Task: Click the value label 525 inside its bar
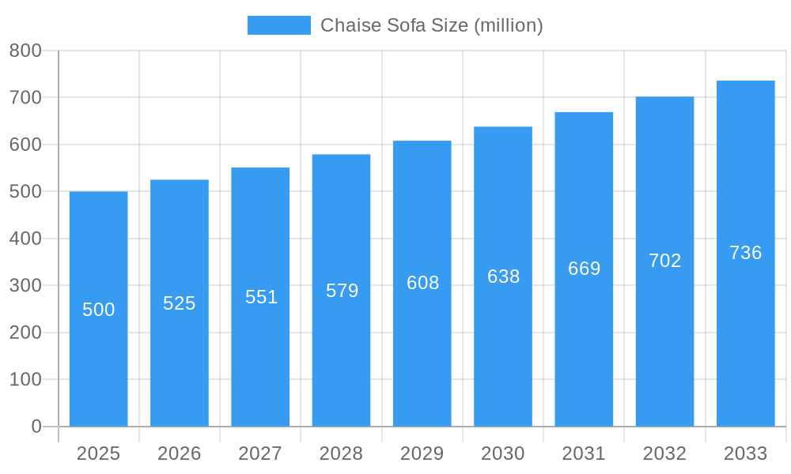pyautogui.click(x=179, y=303)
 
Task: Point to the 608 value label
pyautogui.click(x=422, y=283)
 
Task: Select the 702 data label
pyautogui.click(x=664, y=261)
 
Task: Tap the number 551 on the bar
pyautogui.click(x=261, y=297)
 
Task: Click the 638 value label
pyautogui.click(x=503, y=276)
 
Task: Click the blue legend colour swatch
pyautogui.click(x=278, y=25)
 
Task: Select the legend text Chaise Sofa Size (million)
pyautogui.click(x=431, y=25)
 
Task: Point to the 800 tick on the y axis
pyautogui.click(x=25, y=51)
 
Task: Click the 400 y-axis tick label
pyautogui.click(x=25, y=239)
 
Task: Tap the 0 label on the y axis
pyautogui.click(x=36, y=427)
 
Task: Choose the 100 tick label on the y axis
pyautogui.click(x=25, y=379)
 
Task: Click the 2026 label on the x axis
pyautogui.click(x=179, y=453)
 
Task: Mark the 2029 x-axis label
pyautogui.click(x=422, y=453)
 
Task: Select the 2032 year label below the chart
pyautogui.click(x=664, y=453)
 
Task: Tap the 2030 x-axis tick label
pyautogui.click(x=503, y=453)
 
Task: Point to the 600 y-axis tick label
pyautogui.click(x=25, y=145)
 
